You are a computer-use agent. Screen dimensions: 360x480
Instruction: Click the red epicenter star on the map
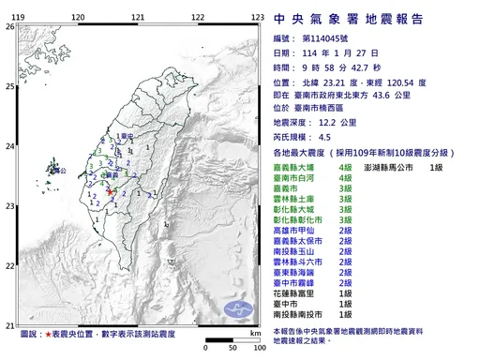click(x=110, y=191)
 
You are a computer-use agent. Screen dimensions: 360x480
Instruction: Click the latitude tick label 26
click(x=8, y=28)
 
